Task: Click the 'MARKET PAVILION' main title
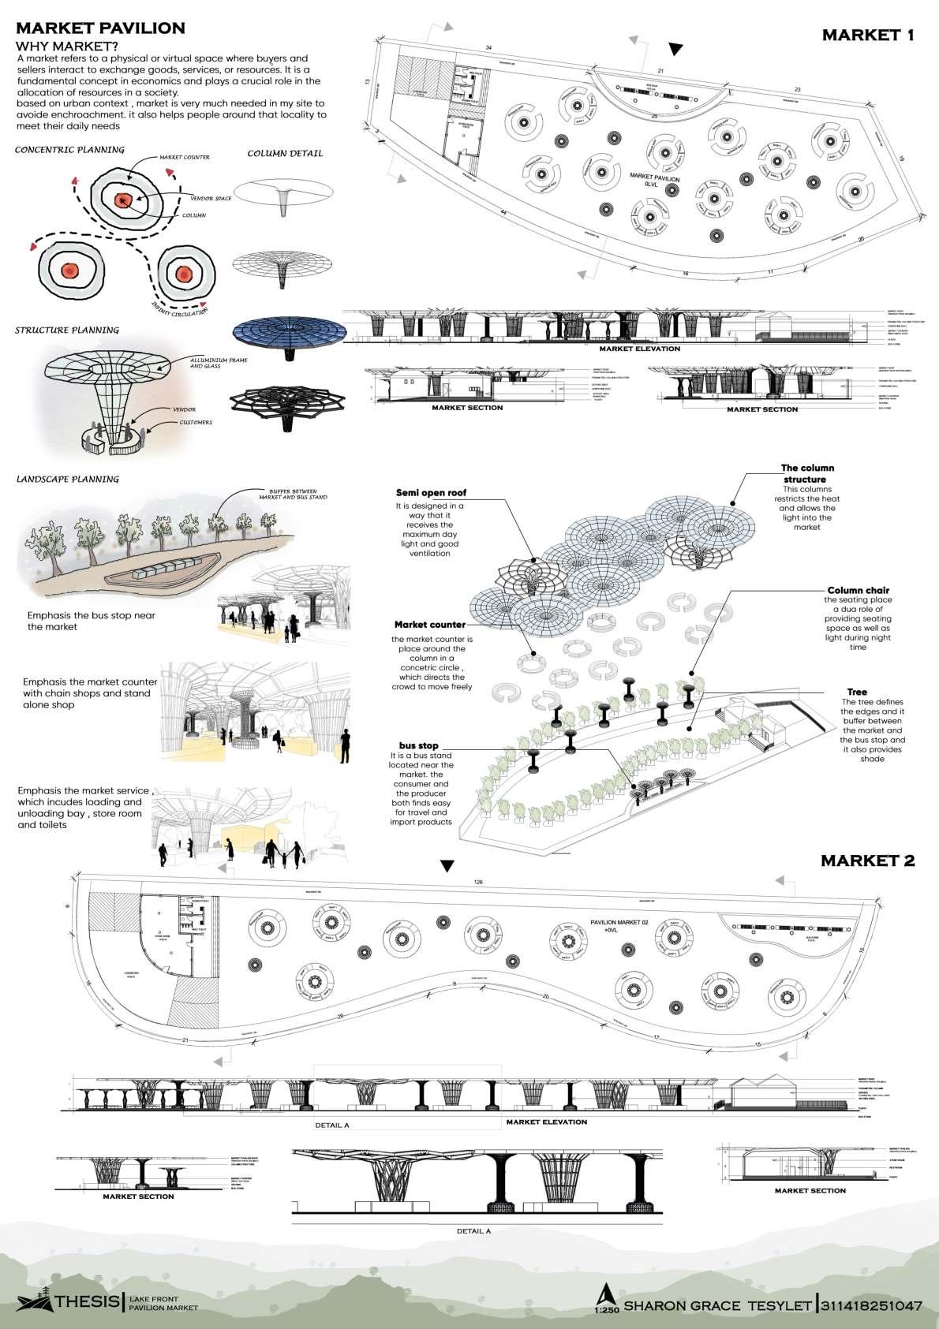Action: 100,28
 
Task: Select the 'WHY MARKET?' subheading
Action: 67,46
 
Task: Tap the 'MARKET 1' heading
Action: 867,35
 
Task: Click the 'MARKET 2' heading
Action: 867,860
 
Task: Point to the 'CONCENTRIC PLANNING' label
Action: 69,150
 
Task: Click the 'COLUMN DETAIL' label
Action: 285,153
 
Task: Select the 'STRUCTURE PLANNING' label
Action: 67,330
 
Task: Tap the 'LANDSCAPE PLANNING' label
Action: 68,480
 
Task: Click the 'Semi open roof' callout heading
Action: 431,493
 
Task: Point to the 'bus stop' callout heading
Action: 418,745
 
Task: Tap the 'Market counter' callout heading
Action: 430,625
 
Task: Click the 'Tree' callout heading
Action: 856,692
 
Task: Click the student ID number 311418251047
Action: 871,1305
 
